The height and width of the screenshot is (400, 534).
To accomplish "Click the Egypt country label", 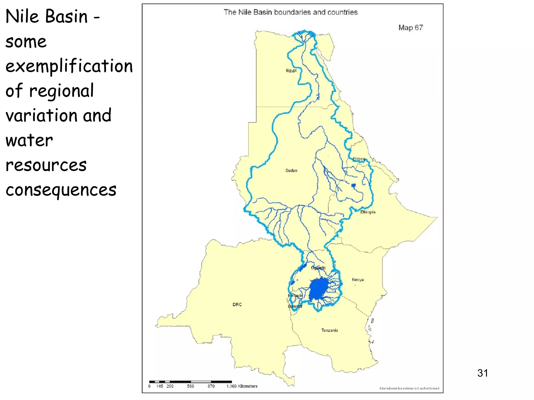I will (291, 71).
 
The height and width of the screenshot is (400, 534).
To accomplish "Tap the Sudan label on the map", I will (291, 171).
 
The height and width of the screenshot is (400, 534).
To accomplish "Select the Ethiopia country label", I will (368, 212).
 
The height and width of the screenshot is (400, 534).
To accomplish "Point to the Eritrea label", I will (359, 159).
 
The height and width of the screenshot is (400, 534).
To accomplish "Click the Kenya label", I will (358, 280).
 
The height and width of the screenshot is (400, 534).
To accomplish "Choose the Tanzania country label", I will (330, 330).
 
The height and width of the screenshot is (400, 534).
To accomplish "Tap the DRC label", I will (237, 304).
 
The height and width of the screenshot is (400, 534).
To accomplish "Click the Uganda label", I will (318, 268).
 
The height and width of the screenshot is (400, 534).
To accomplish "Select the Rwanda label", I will (295, 296).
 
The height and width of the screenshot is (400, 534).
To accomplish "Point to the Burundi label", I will (295, 306).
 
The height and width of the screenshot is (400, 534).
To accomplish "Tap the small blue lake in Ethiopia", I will (354, 185).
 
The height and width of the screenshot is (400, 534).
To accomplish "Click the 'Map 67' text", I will (410, 28).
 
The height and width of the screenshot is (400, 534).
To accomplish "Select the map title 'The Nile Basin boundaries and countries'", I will (290, 12).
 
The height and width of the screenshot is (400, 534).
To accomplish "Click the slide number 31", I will (483, 373).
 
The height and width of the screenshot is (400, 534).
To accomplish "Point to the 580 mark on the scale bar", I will (190, 386).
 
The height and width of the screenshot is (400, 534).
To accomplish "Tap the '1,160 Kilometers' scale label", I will (242, 386).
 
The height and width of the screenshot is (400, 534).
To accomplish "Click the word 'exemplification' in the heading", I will (69, 66).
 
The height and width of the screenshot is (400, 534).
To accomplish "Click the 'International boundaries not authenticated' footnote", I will (409, 388).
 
